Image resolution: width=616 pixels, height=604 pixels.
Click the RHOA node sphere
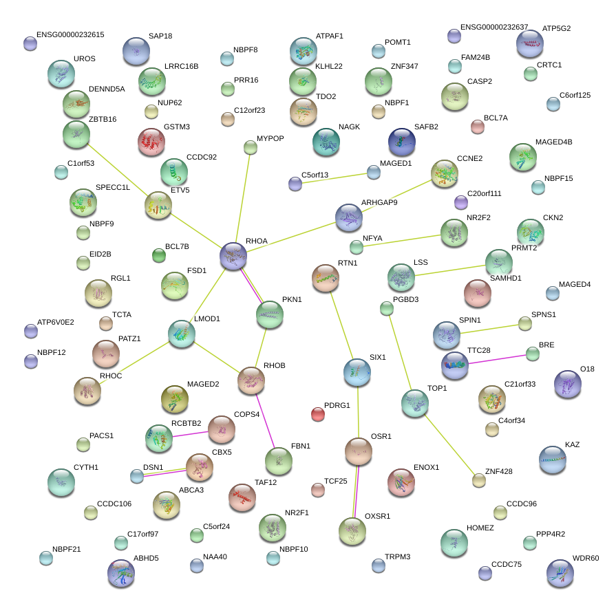pos(233,256)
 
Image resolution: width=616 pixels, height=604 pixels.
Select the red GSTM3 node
pos(151,142)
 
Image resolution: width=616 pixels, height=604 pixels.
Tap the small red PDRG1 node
pos(317,414)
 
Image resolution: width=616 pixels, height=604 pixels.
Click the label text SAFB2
pos(426,127)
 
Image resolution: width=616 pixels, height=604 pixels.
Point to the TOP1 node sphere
pos(415,403)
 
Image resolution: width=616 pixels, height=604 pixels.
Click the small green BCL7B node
pos(159,256)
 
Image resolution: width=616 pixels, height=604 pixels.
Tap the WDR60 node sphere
pos(560,573)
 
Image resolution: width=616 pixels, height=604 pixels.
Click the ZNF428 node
pos(478,480)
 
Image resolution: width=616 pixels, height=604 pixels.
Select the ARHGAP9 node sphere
pos(349,217)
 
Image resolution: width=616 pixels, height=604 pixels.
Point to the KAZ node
pos(552,460)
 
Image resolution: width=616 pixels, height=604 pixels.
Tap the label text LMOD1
pos(206,319)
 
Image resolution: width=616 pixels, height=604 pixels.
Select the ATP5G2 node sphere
pos(529,43)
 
